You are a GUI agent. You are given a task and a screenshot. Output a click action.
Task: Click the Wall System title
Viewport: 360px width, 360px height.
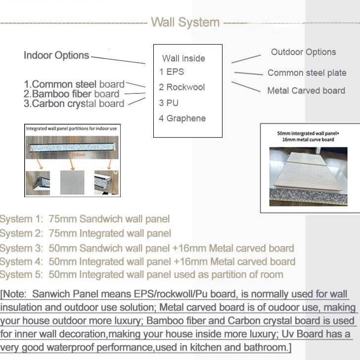(x=185, y=22)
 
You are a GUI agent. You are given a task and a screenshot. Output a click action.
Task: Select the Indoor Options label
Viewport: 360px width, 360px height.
(x=56, y=55)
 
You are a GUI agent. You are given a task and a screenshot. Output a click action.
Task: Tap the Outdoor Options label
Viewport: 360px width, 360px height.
(x=303, y=52)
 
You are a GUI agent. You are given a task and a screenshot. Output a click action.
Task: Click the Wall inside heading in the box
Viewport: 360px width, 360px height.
(x=183, y=58)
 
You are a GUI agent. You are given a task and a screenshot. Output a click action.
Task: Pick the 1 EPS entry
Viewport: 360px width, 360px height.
(x=172, y=72)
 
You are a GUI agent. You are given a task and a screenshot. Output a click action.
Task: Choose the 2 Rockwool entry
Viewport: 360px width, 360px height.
(x=182, y=87)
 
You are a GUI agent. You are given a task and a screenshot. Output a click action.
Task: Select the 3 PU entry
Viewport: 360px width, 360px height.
(x=169, y=103)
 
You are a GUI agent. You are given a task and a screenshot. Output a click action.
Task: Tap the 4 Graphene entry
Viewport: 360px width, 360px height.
(x=182, y=118)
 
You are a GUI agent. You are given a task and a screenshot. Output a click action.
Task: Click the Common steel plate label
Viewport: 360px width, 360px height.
(x=307, y=73)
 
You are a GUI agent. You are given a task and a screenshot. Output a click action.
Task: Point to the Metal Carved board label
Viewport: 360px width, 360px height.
(x=306, y=91)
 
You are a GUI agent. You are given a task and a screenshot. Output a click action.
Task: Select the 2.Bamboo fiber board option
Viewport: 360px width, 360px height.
(x=72, y=94)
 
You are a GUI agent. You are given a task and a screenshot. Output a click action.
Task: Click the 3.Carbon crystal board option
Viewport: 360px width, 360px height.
(x=74, y=104)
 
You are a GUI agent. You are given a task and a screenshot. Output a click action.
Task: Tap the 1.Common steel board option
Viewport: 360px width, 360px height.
(x=74, y=84)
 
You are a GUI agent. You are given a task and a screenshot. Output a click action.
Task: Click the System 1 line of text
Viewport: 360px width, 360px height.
(x=85, y=219)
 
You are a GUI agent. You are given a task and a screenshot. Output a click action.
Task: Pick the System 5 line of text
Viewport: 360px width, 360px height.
(x=142, y=274)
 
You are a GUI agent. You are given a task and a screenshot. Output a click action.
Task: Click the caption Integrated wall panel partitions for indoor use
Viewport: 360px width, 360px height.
(x=71, y=129)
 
